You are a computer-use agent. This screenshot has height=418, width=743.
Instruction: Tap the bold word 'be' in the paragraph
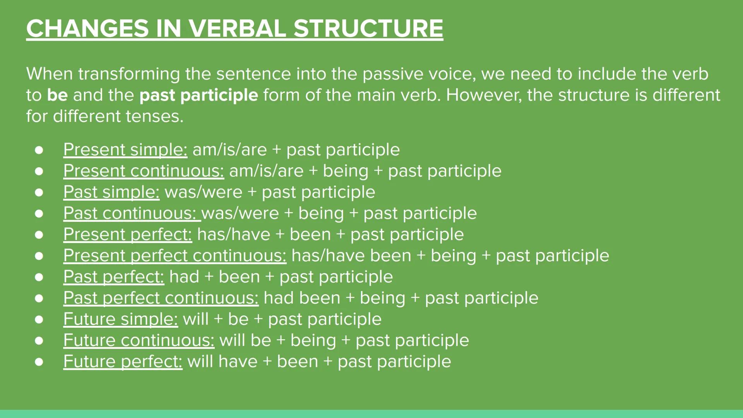point(57,95)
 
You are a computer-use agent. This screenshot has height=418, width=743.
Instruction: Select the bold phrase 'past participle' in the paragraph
point(199,95)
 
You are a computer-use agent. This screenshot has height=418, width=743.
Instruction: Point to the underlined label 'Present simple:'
point(125,150)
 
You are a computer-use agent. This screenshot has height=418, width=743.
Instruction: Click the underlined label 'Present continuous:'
point(144,171)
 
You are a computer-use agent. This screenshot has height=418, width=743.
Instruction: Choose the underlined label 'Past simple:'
point(111,192)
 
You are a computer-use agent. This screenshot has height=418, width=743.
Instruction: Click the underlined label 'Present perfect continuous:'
point(175,256)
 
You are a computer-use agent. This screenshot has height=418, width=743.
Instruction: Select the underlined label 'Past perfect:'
point(114,277)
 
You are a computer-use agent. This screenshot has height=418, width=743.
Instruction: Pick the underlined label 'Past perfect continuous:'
point(161,298)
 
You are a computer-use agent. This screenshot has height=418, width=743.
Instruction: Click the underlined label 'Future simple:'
point(121,320)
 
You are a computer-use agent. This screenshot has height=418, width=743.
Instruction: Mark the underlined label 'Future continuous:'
point(139,341)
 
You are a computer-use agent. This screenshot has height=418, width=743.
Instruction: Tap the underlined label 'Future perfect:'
point(123,362)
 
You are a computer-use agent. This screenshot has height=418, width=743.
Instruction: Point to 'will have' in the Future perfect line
point(222,362)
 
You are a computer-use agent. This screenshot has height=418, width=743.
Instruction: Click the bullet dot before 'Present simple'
point(39,150)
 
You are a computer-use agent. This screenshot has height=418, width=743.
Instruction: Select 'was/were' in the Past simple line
point(204,192)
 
